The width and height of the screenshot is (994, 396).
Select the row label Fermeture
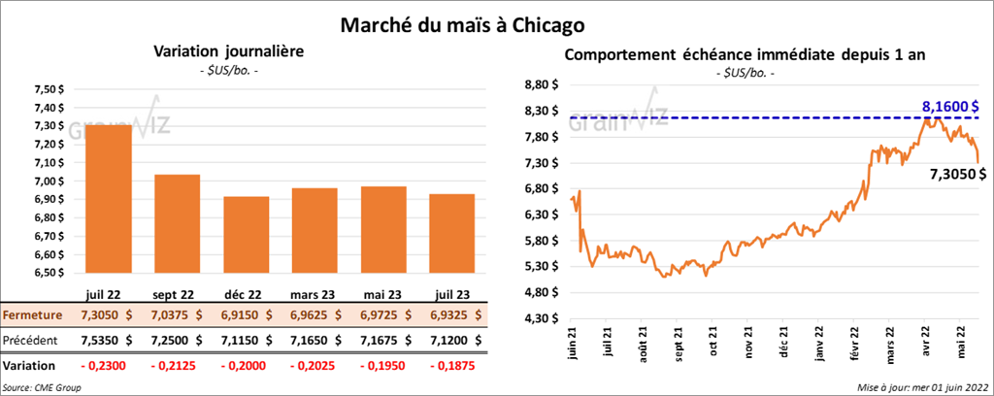point(32,315)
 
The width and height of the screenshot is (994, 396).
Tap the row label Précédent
point(31,341)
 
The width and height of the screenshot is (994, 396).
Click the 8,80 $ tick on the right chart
point(540,84)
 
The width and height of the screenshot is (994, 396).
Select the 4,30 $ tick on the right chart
point(540,317)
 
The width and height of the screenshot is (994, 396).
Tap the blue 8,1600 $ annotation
point(948,106)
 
